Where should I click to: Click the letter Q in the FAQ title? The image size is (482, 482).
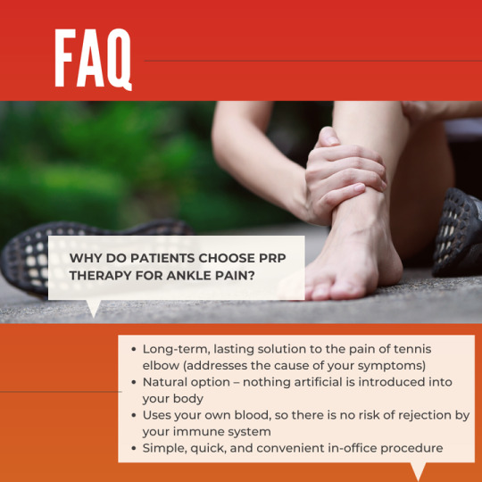click(119, 59)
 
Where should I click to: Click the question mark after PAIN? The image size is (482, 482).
click(252, 276)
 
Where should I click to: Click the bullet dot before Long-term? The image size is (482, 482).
click(133, 350)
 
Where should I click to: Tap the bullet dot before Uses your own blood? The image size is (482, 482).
click(133, 416)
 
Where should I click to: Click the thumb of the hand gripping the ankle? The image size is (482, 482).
click(328, 137)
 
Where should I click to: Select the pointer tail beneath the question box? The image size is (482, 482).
click(94, 308)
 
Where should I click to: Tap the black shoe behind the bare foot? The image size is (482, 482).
click(458, 233)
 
